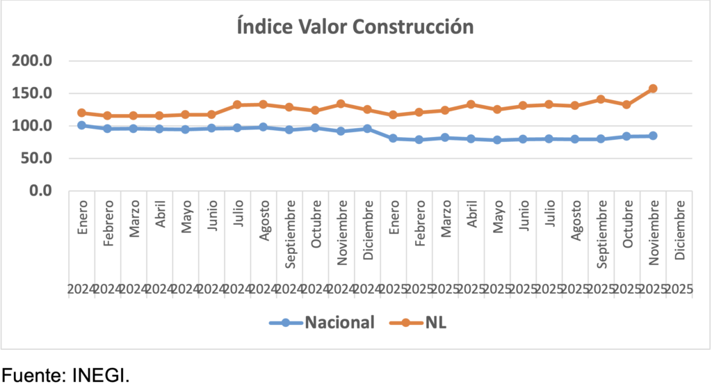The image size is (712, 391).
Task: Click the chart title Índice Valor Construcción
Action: tap(355, 27)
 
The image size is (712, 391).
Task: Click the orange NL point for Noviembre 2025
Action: tap(653, 89)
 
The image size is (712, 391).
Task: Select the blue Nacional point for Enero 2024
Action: tap(81, 125)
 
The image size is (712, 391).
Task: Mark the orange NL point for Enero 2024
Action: tap(81, 113)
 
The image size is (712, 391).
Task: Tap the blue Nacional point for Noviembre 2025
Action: tap(653, 136)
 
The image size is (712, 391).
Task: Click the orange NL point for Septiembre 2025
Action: tap(601, 99)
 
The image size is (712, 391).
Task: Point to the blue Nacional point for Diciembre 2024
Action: tap(367, 129)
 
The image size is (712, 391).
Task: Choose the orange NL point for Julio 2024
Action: tap(237, 105)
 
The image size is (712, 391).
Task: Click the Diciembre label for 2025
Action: tap(679, 230)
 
